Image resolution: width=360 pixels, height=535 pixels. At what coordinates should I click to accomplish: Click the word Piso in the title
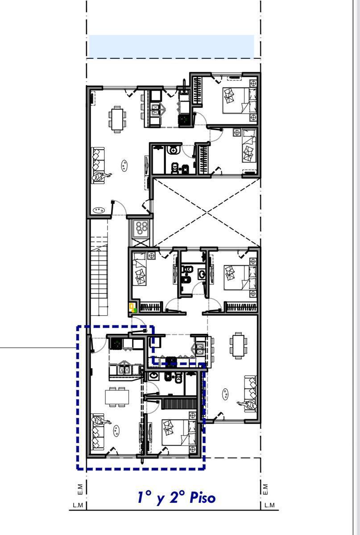pyautogui.click(x=203, y=498)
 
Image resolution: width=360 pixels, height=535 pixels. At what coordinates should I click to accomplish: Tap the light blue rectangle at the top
pyautogui.click(x=171, y=46)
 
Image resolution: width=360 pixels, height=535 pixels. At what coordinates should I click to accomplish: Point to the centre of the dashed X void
pyautogui.click(x=207, y=212)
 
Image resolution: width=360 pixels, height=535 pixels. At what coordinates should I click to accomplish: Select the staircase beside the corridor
pyautogui.click(x=99, y=276)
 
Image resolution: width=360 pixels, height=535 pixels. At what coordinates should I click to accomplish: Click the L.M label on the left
pyautogui.click(x=78, y=505)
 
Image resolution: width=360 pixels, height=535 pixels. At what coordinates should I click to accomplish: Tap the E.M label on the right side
pyautogui.click(x=265, y=490)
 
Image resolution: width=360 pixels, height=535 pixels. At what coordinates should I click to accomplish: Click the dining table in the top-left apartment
pyautogui.click(x=117, y=119)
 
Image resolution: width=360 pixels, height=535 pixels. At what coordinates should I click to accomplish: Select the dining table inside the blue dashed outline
pyautogui.click(x=117, y=397)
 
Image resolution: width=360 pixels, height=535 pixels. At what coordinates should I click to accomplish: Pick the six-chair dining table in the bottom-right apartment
pyautogui.click(x=238, y=346)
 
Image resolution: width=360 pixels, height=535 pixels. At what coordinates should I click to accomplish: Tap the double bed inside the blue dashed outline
pyautogui.click(x=179, y=432)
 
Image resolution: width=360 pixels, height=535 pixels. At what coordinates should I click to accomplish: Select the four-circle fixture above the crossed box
pyautogui.click(x=142, y=228)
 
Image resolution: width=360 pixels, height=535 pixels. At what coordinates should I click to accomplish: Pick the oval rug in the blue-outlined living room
pyautogui.click(x=116, y=431)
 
